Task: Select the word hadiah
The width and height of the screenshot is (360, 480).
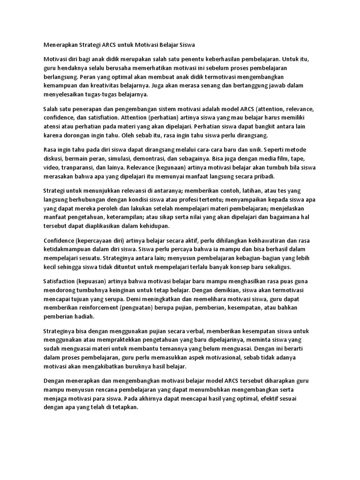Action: (85, 316)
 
